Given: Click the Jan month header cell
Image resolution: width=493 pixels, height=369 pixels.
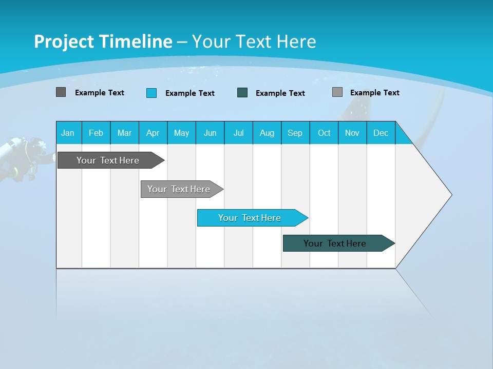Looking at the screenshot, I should pos(68,133).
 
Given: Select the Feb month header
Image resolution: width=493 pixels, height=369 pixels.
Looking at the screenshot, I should pos(96,133).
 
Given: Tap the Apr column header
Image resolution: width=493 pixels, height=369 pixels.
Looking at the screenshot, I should pos(153,133).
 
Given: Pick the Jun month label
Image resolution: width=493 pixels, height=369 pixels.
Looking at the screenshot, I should pos(210,133).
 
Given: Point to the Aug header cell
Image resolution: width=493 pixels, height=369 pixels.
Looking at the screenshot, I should pos(267,133).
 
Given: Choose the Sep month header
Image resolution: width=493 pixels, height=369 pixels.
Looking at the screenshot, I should pos(295,133).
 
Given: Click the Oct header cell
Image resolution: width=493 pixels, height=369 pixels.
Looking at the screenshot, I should pos(324,133).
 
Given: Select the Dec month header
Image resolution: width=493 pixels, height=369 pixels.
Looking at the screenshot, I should pos(381,133).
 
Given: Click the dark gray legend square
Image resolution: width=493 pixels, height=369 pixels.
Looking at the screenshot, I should pos(61,92).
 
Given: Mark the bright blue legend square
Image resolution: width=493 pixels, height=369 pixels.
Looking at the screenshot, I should pos(151,93).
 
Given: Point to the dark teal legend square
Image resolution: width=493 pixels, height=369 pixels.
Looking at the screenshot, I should pos(242,93).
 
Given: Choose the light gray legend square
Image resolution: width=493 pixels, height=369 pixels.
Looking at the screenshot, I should pos(337,92).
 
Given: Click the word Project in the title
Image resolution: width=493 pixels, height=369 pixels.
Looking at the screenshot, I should pos(64,42).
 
